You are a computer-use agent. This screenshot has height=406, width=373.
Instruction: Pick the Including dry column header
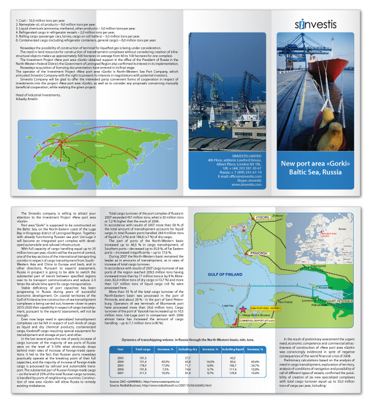coord(187,349)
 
